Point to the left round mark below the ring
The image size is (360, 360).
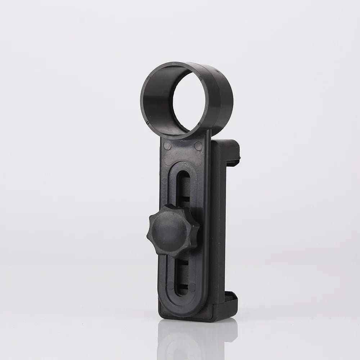tap(166, 145)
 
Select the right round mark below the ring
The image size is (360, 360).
tap(198, 145)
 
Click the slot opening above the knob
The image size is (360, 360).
tap(184, 187)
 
